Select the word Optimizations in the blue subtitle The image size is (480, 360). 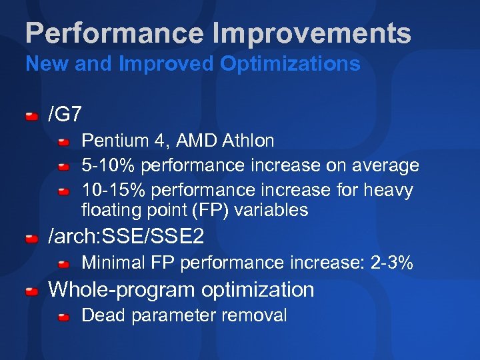click(x=291, y=64)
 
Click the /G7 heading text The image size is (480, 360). click(x=65, y=114)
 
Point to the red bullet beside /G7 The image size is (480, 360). click(x=32, y=117)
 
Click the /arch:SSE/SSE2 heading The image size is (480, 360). click(x=127, y=236)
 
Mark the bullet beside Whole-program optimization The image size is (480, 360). click(x=32, y=292)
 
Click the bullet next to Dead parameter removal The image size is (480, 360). click(x=63, y=317)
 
